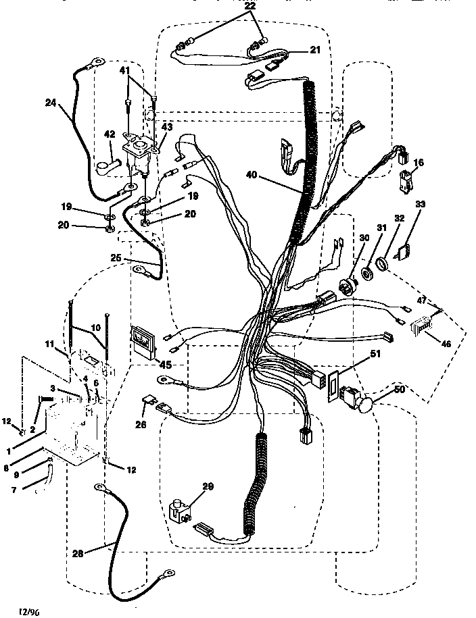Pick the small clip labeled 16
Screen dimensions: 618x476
(x=406, y=181)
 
